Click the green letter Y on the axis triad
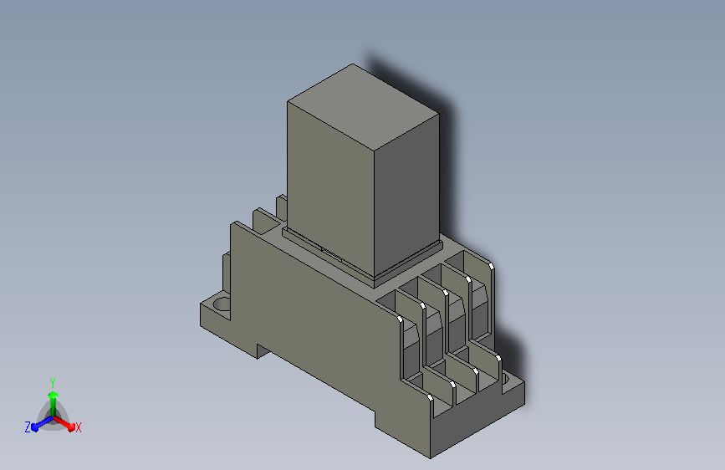pos(53,382)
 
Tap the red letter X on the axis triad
pos(78,427)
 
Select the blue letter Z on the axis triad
pos(28,427)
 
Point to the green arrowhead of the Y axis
pos(53,395)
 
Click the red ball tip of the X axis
pos(71,427)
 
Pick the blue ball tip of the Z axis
pos(34,427)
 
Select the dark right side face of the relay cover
pos(406,194)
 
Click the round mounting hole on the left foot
pos(222,305)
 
